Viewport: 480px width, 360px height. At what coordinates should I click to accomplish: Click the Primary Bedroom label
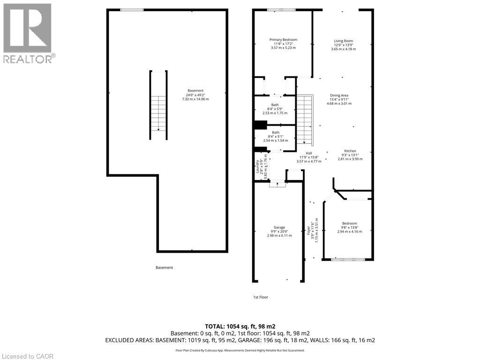(283, 39)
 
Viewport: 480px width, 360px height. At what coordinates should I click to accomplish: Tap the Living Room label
(344, 41)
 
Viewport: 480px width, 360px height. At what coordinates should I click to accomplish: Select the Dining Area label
(339, 95)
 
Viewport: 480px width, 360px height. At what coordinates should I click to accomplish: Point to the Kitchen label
(350, 151)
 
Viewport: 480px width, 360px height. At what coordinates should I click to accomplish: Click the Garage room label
(279, 227)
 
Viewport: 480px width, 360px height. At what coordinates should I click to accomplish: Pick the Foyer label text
(308, 231)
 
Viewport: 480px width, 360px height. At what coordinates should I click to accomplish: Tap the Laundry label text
(257, 166)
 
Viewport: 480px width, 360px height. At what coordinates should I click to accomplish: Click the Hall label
(309, 153)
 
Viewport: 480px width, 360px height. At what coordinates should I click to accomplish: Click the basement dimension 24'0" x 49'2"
(195, 95)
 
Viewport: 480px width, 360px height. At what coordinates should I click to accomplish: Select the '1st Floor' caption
(261, 297)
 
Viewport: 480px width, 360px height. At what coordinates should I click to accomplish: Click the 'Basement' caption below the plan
(165, 268)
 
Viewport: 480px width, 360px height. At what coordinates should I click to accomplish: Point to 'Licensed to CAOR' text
(28, 356)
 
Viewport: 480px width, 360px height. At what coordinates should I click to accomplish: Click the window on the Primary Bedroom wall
(281, 10)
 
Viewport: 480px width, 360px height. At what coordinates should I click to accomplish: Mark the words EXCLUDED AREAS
(129, 340)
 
